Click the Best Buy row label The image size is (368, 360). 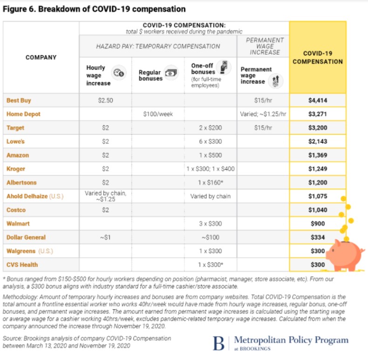(19, 100)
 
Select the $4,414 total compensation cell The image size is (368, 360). (318, 100)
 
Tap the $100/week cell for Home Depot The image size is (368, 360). (158, 114)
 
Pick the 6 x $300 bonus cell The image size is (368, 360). (210, 141)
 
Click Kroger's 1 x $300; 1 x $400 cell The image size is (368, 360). (210, 169)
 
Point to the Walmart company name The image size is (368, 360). (18, 223)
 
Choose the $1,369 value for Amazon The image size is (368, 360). (318, 155)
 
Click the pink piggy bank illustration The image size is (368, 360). (345, 255)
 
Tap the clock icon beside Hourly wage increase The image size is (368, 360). (119, 73)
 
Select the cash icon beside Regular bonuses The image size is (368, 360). (171, 73)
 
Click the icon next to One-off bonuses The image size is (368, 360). (224, 67)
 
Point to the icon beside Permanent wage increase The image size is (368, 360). (276, 81)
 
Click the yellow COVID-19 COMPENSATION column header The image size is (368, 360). (318, 57)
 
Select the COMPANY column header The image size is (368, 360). (41, 57)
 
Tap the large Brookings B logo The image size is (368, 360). (218, 343)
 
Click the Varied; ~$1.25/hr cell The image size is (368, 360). (263, 114)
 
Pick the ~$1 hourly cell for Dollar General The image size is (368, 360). (105, 237)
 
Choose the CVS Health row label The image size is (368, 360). (22, 264)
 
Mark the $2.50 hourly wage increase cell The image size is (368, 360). (105, 100)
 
